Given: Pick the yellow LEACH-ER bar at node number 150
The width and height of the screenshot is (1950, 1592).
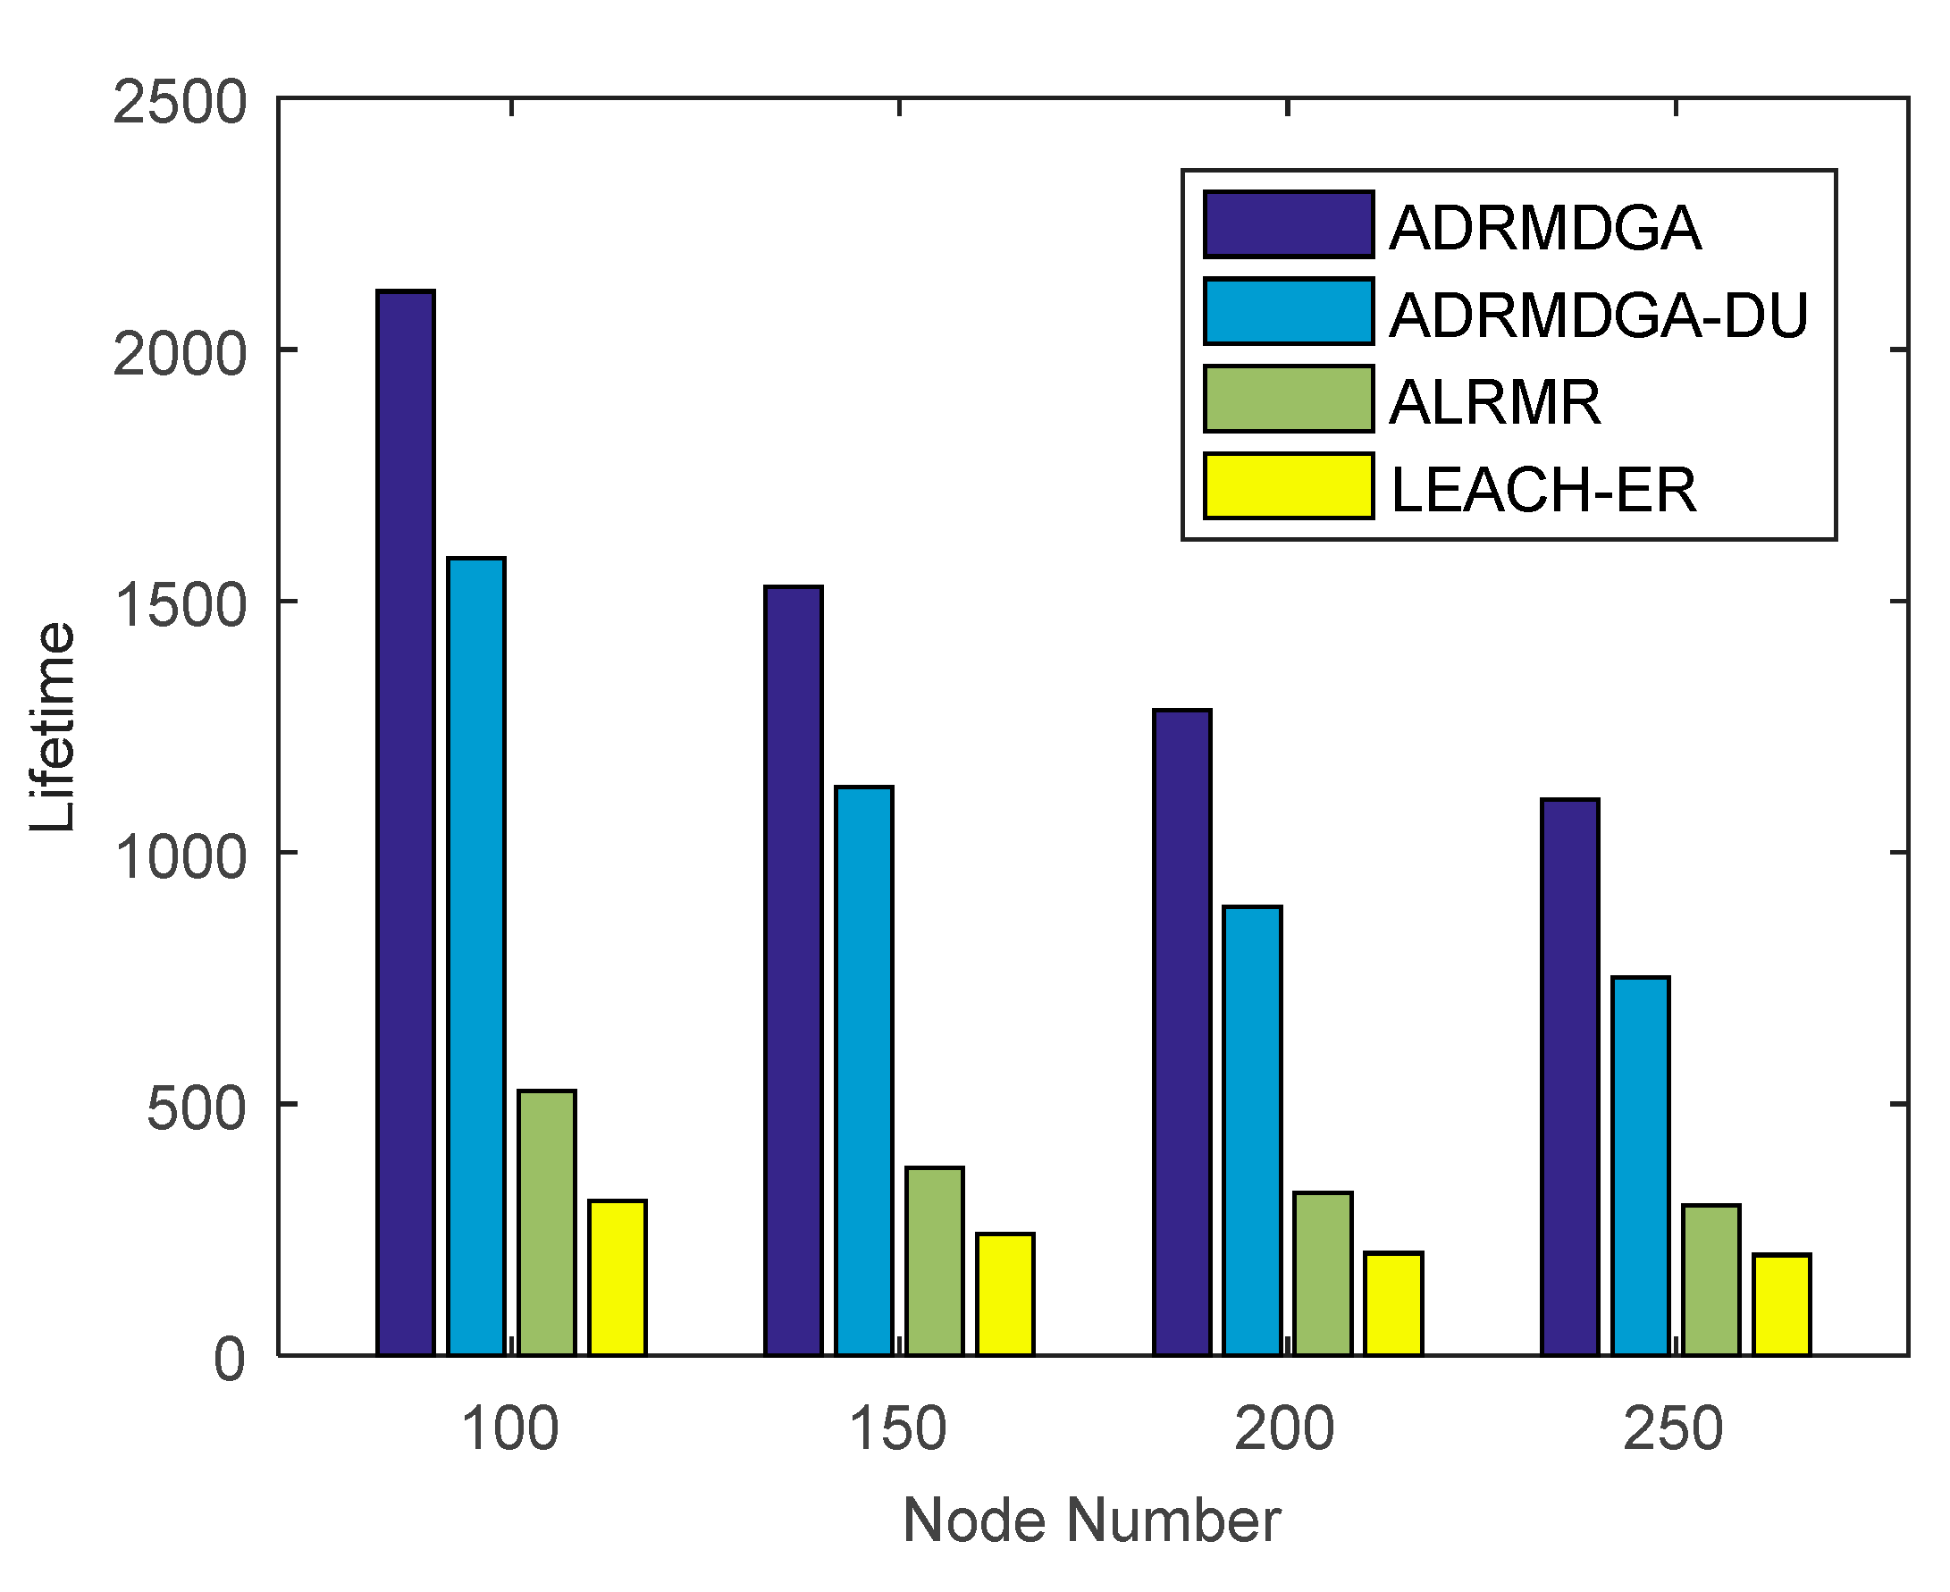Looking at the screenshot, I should tap(1004, 1294).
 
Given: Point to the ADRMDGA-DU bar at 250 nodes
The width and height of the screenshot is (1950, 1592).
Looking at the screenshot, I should tap(1640, 1166).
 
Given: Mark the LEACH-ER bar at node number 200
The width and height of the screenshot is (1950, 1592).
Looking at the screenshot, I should tap(1393, 1303).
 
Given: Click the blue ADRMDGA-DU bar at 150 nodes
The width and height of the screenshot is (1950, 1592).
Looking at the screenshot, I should tap(863, 1070).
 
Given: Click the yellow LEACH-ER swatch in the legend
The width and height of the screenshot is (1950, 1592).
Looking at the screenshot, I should tap(1288, 486).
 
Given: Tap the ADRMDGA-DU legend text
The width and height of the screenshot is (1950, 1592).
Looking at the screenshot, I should tap(1598, 316).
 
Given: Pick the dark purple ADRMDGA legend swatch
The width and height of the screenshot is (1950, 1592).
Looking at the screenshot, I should tap(1288, 224).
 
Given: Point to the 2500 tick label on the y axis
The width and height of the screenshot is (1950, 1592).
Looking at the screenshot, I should tap(180, 101).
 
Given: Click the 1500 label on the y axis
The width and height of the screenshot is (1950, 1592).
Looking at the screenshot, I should tap(180, 603).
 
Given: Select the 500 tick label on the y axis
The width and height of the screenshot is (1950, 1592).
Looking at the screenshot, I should tap(197, 1107).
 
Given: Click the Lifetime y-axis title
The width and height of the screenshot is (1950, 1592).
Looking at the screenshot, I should tap(53, 727).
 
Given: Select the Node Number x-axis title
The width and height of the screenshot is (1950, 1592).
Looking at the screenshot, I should tap(1091, 1520).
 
